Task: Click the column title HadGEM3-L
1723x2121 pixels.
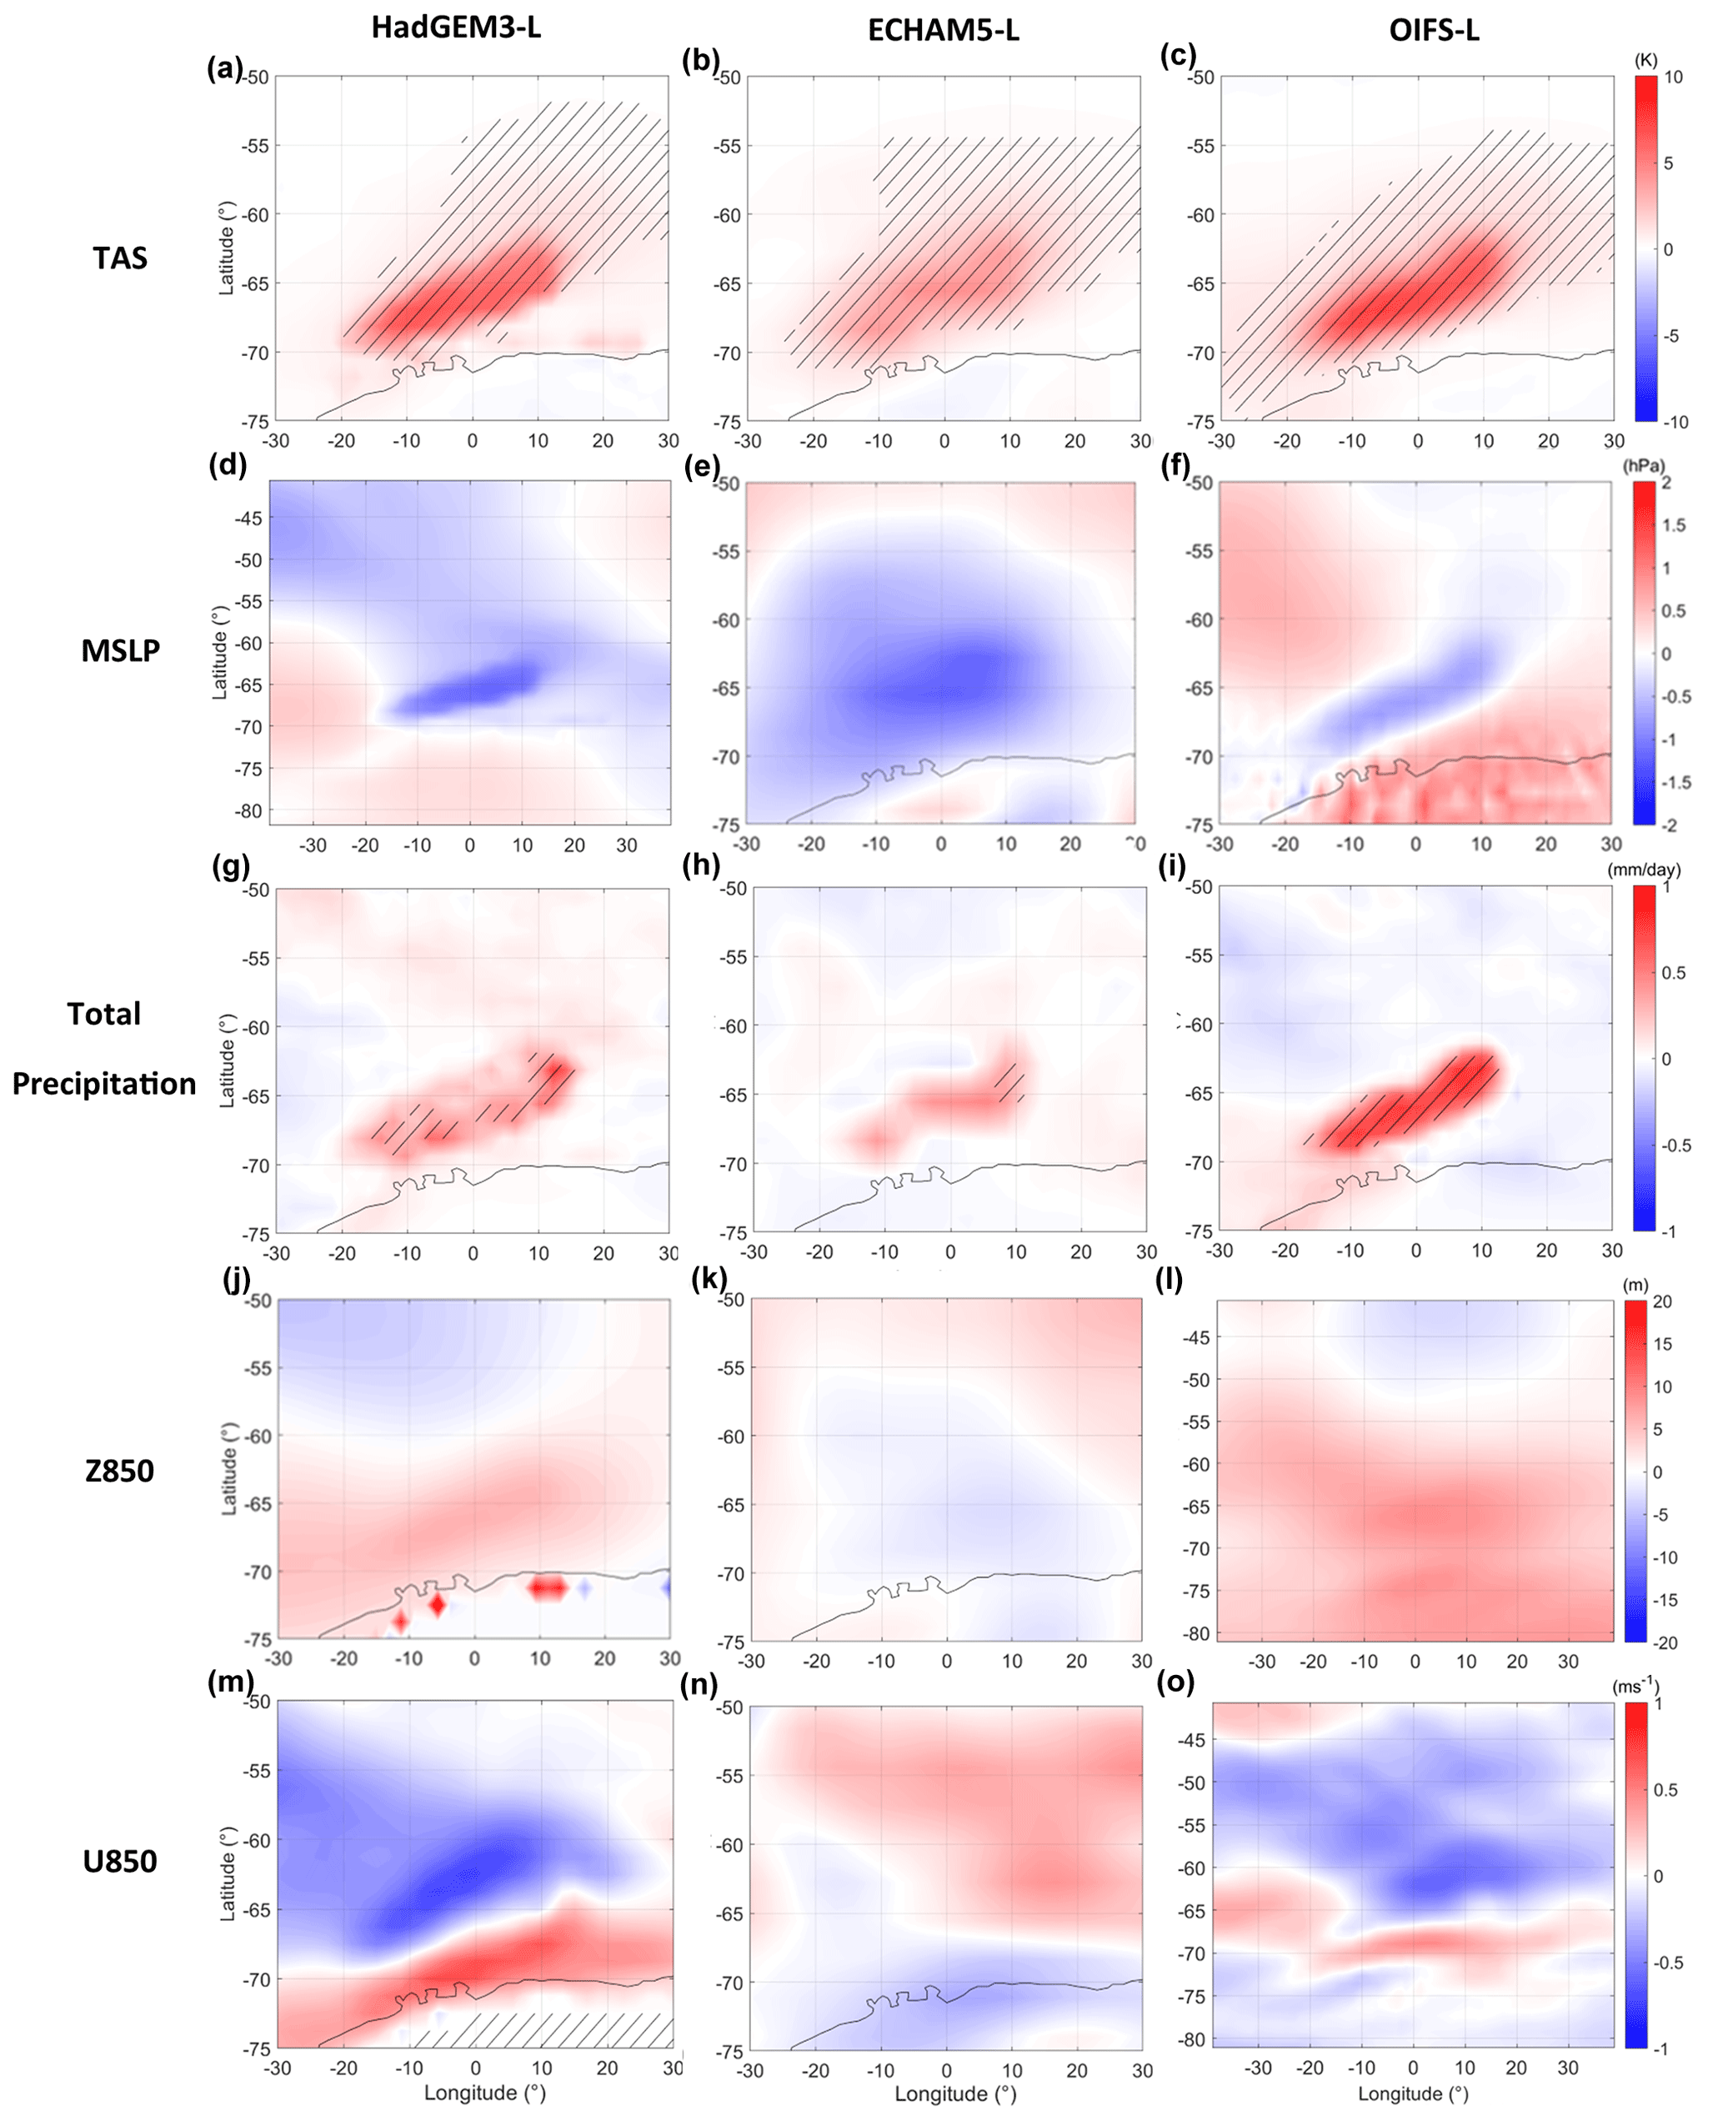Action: click(x=456, y=27)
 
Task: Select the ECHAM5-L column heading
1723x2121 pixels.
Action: click(x=943, y=31)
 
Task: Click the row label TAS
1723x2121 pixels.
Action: click(x=120, y=258)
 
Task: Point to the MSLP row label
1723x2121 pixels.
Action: click(x=120, y=650)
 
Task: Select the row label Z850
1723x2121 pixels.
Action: click(x=119, y=1470)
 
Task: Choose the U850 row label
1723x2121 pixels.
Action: click(x=119, y=1861)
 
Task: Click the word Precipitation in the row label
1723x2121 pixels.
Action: click(x=104, y=1083)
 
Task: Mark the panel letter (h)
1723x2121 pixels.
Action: click(x=701, y=865)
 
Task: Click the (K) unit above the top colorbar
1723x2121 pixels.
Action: click(x=1645, y=59)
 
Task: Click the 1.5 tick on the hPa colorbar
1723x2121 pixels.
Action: click(x=1673, y=525)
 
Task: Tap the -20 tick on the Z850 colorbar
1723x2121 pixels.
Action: click(x=1666, y=1642)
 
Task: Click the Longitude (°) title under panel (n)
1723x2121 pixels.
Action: click(x=956, y=2094)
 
